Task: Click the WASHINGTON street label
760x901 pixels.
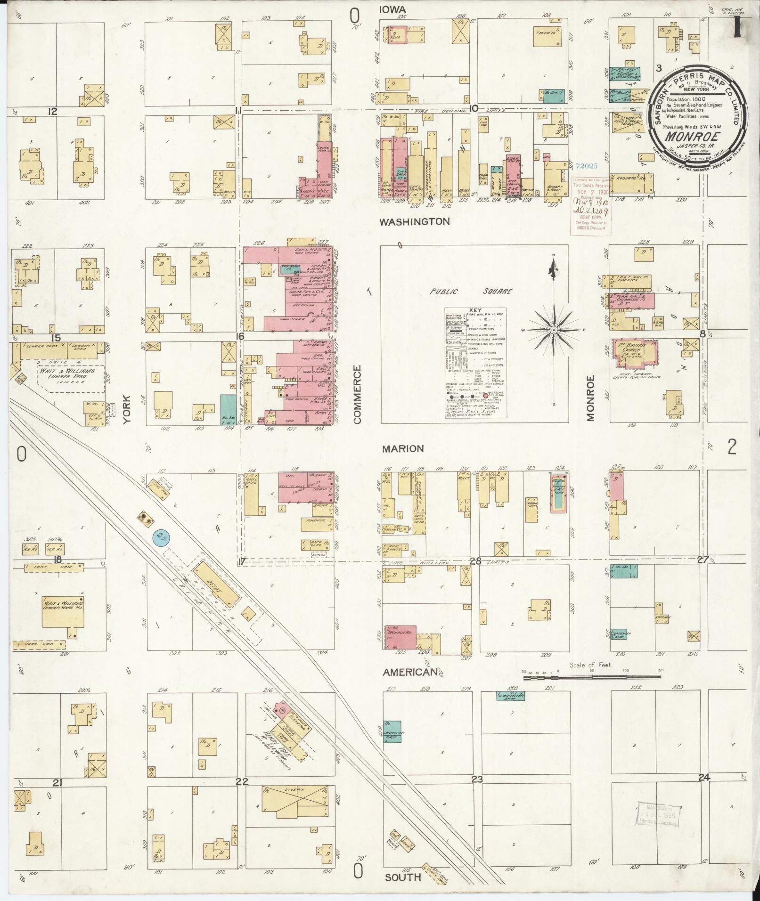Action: (x=415, y=221)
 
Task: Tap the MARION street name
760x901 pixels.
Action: (x=403, y=449)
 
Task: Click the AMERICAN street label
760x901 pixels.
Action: (x=410, y=673)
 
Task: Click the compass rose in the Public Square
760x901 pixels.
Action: (x=554, y=330)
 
